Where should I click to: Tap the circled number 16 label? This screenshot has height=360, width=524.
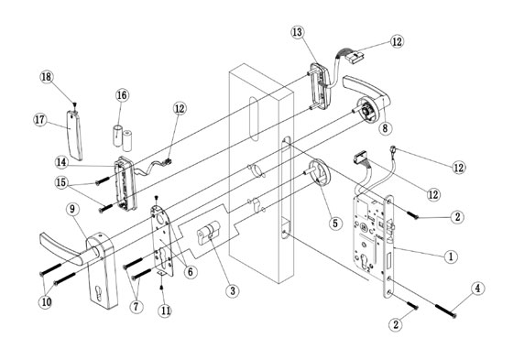coord(122,94)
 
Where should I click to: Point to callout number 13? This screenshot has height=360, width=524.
coord(297,32)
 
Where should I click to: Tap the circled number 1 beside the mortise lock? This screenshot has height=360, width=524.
coord(450,256)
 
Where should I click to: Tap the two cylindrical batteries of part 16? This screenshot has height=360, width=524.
coord(123,131)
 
